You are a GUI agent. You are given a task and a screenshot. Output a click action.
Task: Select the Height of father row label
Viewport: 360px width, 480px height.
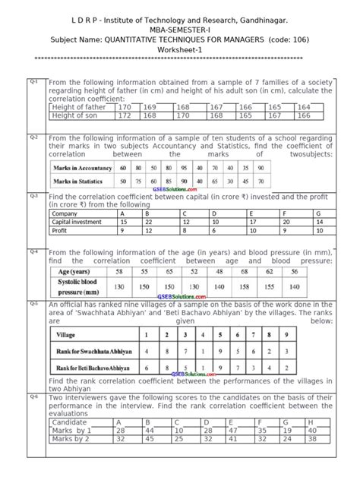[x=80, y=108]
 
